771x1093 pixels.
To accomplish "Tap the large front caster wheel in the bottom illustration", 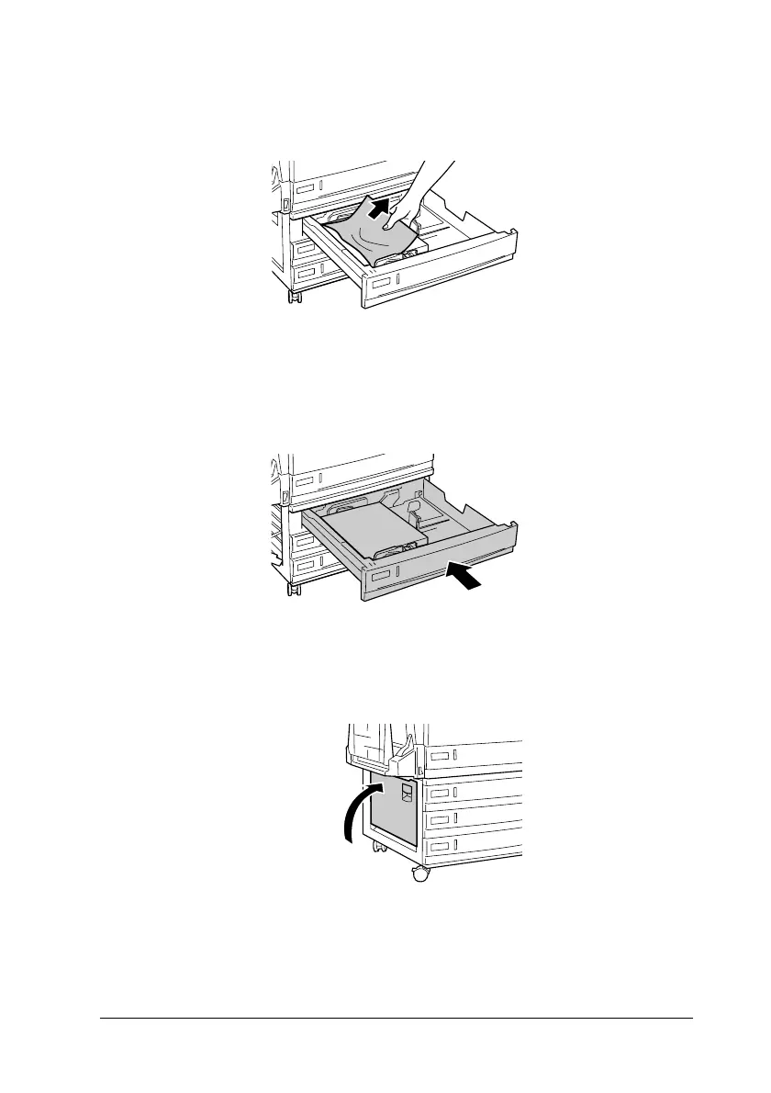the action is point(420,874).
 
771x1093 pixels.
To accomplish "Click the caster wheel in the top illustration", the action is point(294,297).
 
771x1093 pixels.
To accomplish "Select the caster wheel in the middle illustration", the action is point(294,588).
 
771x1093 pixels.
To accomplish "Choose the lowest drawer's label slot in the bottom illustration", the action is point(443,846).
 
